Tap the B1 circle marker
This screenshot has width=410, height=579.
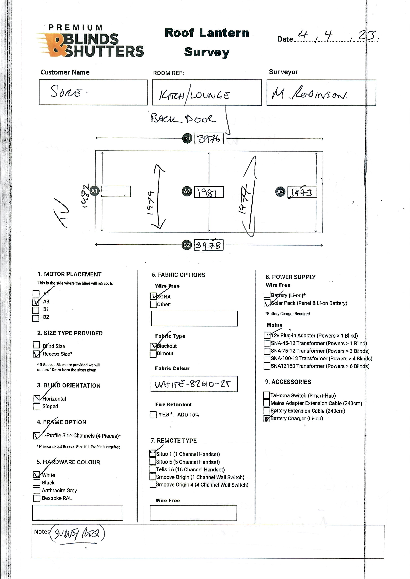pos(187,138)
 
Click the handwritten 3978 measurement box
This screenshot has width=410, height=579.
pos(208,245)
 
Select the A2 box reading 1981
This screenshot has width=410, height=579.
pos(209,192)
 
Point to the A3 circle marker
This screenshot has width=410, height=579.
pos(280,192)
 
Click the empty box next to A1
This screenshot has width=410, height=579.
pos(116,192)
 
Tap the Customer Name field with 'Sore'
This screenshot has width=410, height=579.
pos(93,92)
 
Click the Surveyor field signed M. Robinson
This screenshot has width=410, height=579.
pos(321,93)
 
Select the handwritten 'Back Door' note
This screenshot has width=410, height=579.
pos(184,118)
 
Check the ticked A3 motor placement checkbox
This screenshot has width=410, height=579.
pos(36,302)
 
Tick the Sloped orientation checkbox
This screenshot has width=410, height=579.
pos(37,406)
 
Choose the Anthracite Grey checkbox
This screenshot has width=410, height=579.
pos(37,490)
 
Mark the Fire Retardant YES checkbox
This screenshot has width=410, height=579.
pos(153,415)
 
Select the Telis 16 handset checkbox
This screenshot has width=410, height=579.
pos(153,469)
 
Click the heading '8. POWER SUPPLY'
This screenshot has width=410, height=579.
pos(290,277)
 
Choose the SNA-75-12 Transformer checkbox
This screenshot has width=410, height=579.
pos(267,351)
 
